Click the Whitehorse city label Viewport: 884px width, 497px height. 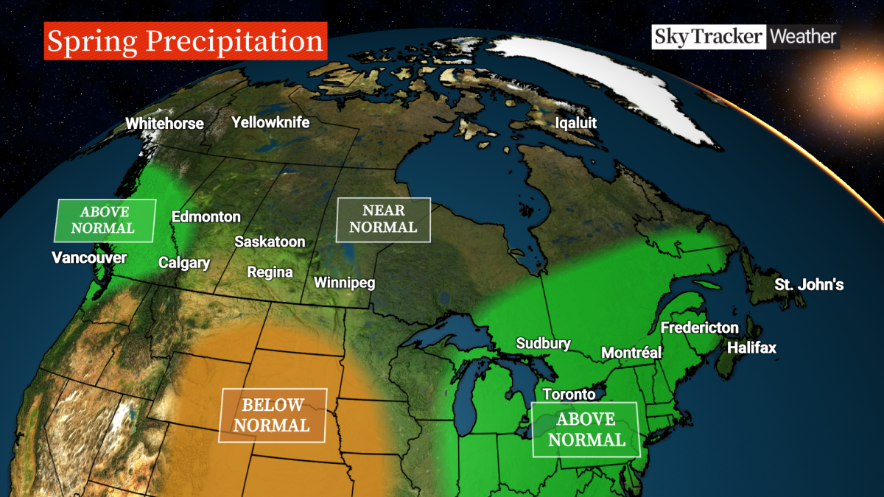click(x=164, y=124)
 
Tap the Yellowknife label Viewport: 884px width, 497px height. click(x=270, y=122)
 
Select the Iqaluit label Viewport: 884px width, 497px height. click(x=576, y=123)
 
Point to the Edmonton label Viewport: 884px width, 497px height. click(x=206, y=216)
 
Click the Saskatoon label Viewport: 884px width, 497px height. click(x=270, y=242)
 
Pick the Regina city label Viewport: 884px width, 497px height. click(x=270, y=272)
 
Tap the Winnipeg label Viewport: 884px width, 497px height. click(x=345, y=283)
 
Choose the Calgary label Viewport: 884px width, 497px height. click(x=184, y=263)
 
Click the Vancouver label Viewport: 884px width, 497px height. click(x=89, y=258)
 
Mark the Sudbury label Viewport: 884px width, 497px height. click(x=543, y=343)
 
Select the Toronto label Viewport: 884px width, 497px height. click(x=569, y=395)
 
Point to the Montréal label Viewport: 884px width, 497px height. click(x=631, y=353)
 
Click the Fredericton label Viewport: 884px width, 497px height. click(x=699, y=328)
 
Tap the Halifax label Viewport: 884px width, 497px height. click(x=751, y=348)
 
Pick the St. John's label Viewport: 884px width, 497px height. click(x=809, y=284)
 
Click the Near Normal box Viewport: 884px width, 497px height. click(x=383, y=219)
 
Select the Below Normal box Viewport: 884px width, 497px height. click(x=273, y=415)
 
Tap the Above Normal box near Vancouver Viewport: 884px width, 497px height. click(x=104, y=220)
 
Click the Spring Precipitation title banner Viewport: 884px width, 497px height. click(x=185, y=41)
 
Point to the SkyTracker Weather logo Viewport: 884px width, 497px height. click(x=744, y=36)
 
